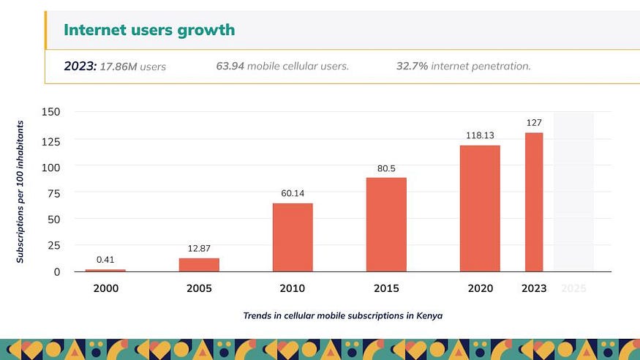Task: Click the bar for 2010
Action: [x=293, y=237]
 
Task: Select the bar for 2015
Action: [x=386, y=224]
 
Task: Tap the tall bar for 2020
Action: [x=480, y=209]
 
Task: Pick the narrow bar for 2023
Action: [x=534, y=202]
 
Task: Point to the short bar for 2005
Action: [x=199, y=264]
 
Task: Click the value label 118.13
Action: [x=480, y=135]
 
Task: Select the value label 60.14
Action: [x=293, y=193]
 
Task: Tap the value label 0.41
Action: [x=105, y=259]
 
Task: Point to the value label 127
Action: [x=534, y=123]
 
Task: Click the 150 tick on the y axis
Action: [x=51, y=112]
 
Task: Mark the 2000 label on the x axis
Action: [x=105, y=288]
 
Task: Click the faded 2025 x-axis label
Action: [x=573, y=288]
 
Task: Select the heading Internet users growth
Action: [x=149, y=30]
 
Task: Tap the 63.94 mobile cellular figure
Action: [x=230, y=66]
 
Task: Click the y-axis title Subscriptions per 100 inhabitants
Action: [x=20, y=192]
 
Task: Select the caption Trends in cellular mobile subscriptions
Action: [x=343, y=316]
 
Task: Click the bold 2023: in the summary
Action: [x=80, y=66]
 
